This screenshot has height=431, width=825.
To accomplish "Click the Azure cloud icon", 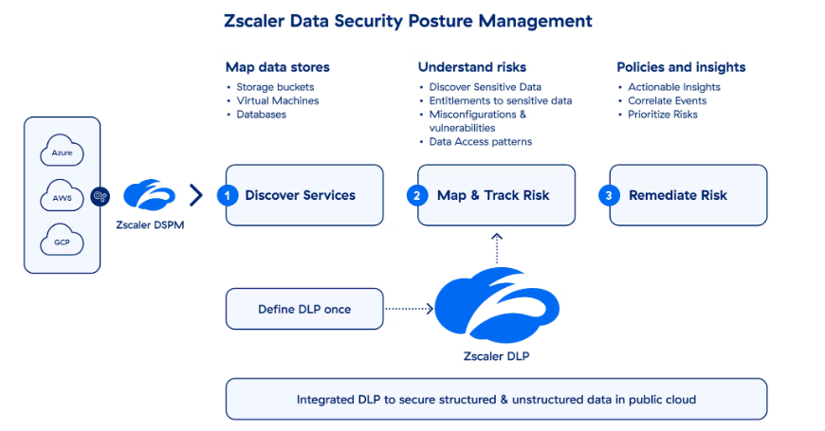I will tap(62, 152).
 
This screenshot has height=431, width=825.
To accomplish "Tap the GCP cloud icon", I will tap(62, 242).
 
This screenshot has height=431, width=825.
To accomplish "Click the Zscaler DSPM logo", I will tap(150, 195).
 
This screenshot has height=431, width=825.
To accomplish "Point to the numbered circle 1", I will tap(227, 195).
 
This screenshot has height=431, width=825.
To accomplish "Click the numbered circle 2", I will tap(418, 195).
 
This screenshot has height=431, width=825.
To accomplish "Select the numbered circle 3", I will tap(610, 195).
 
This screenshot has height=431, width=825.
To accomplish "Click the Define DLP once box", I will tap(303, 309).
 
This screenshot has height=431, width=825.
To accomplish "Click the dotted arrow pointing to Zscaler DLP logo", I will tap(408, 309).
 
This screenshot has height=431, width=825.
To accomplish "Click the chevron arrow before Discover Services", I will tap(196, 195).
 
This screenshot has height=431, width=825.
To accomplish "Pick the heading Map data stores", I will tap(277, 67).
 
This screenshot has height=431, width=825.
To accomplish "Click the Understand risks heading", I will tap(472, 67).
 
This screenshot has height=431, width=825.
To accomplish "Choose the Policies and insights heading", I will tap(681, 67).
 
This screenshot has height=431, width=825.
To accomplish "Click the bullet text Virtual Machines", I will tap(277, 100).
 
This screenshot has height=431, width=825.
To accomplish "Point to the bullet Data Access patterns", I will tap(480, 142).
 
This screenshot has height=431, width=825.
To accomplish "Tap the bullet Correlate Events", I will tap(668, 100).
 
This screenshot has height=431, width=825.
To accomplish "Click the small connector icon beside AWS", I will tap(101, 196).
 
